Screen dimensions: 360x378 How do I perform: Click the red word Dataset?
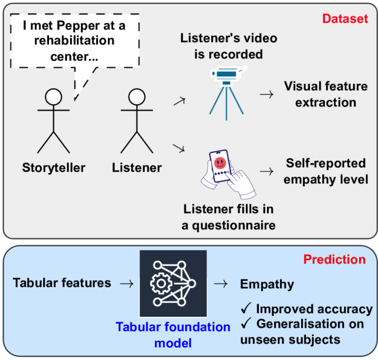tap(345, 20)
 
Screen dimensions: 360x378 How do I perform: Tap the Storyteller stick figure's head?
tap(53, 96)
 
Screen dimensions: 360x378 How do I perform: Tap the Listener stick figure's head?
tap(136, 96)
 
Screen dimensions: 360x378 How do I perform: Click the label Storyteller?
tap(54, 168)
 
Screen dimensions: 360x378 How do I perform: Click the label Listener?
tap(137, 168)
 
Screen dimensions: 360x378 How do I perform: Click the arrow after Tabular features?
tap(126, 284)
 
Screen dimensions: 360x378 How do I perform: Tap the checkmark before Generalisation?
tap(246, 324)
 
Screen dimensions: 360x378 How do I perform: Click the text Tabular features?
tap(62, 283)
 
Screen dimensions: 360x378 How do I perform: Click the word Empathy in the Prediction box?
tap(267, 284)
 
